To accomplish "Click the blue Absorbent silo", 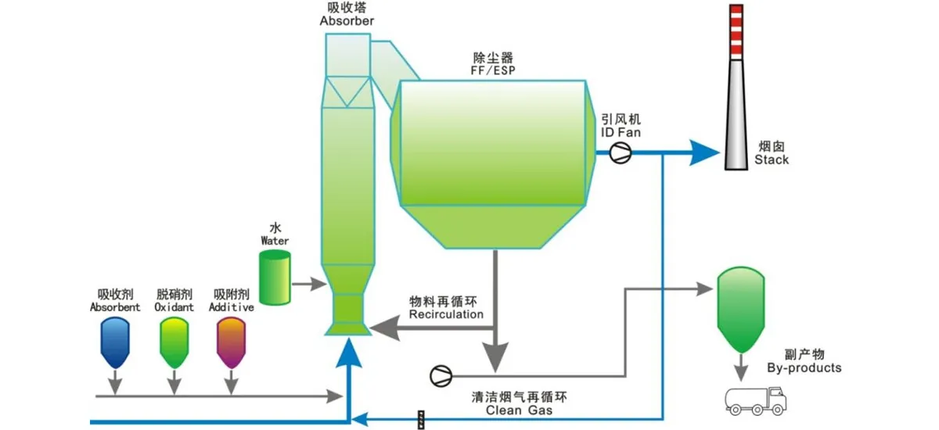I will pos(115,342).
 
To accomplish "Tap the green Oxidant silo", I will pos(173,342).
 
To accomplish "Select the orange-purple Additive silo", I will pos(231,342).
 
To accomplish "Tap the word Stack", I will pos(772,159).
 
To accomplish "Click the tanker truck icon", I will pos(753,400).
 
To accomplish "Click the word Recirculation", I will pos(446,314).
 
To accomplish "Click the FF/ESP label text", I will pos(493,70).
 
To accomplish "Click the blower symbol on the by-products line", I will pos(441,375).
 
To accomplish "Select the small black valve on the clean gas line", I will pos(421,420).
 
